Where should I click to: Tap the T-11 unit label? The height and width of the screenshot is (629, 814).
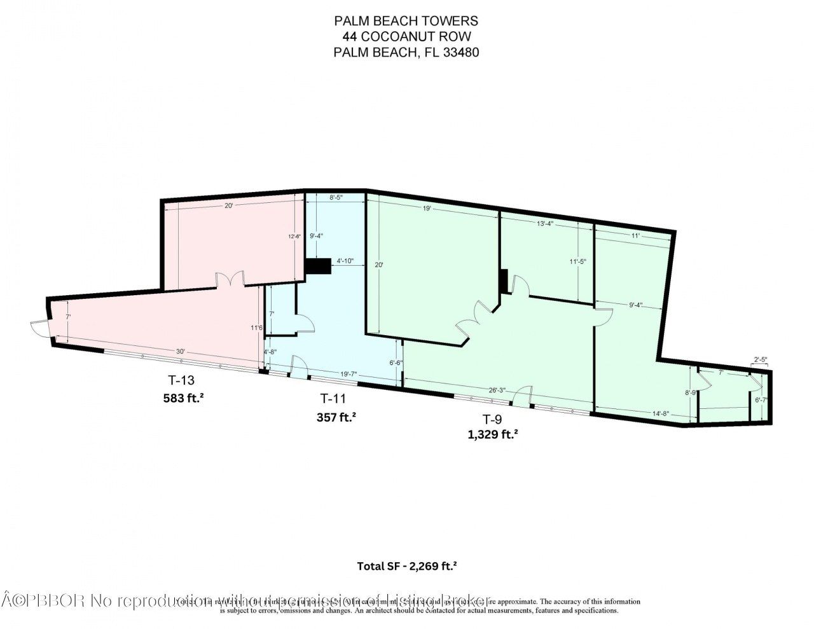click(x=333, y=399)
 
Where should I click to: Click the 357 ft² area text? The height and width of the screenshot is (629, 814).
click(x=336, y=417)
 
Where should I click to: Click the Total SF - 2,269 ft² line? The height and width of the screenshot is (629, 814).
click(x=407, y=566)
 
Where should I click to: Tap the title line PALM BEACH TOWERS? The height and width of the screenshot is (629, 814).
click(x=406, y=22)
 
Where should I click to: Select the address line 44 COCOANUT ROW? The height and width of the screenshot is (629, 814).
click(x=406, y=38)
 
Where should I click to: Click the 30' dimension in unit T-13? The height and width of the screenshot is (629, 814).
click(x=181, y=352)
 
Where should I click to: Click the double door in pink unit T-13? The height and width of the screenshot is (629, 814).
click(x=229, y=280)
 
